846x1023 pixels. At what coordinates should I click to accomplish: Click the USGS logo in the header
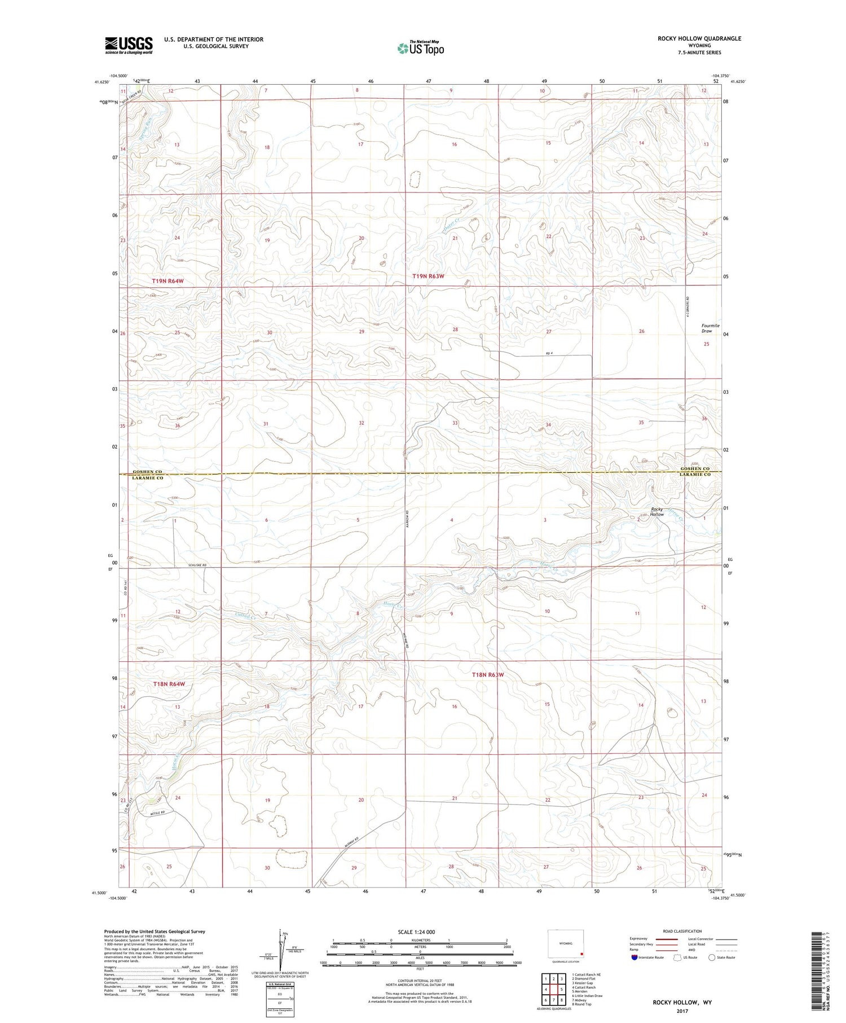tap(129, 45)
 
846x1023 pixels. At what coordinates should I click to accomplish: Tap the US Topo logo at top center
tap(421, 48)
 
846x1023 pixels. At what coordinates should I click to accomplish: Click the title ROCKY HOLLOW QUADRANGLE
tap(699, 38)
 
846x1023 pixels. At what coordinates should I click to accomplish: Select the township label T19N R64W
tap(168, 280)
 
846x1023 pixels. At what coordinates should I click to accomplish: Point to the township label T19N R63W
tap(428, 276)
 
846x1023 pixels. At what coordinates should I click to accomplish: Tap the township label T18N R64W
tap(169, 684)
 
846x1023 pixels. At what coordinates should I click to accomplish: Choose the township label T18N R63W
tap(487, 674)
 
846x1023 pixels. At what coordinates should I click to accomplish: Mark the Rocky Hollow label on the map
tap(656, 512)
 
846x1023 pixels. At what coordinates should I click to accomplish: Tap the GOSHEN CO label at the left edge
tap(147, 471)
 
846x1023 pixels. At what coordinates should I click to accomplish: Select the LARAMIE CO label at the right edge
tap(694, 475)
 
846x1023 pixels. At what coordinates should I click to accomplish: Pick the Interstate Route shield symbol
tap(634, 957)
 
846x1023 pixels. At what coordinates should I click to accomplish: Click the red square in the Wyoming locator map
tap(582, 955)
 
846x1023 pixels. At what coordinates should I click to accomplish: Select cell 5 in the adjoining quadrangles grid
tap(562, 989)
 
